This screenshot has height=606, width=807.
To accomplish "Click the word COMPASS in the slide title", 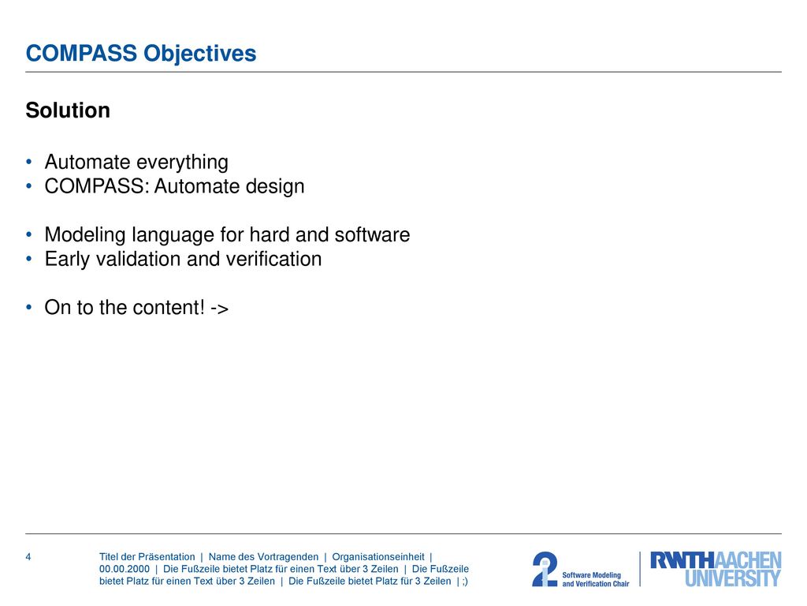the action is click(x=81, y=53).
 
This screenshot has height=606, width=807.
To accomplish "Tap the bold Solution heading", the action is click(x=68, y=110).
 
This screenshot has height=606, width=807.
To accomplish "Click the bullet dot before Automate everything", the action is click(x=29, y=162).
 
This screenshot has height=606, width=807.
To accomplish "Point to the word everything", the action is click(x=182, y=163).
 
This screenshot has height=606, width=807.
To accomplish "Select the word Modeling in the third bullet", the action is click(x=85, y=235).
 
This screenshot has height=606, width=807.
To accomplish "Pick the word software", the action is click(x=372, y=234).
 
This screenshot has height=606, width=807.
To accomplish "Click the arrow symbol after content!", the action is click(x=220, y=309).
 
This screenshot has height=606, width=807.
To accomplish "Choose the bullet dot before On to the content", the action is click(x=29, y=307).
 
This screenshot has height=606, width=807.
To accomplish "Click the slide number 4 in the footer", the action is click(x=28, y=556).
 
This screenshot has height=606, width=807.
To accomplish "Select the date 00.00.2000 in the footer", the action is click(x=125, y=569).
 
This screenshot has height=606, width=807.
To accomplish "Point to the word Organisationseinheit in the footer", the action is click(x=378, y=556).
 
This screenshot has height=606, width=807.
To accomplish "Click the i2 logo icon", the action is click(x=545, y=569).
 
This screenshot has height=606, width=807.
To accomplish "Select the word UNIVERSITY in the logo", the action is click(x=733, y=578).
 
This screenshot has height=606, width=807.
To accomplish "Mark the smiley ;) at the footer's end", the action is click(x=465, y=582).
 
